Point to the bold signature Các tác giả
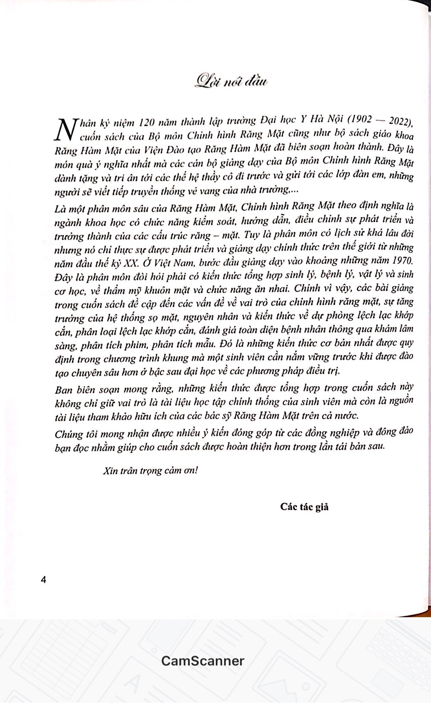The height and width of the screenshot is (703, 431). point(304,506)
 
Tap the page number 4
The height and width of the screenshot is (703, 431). point(43,580)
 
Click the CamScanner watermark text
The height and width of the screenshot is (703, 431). point(203,660)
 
